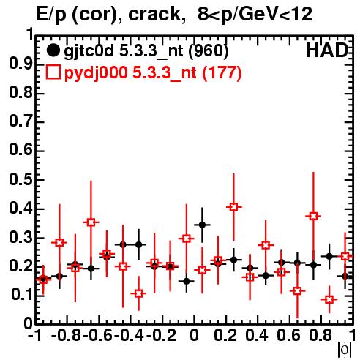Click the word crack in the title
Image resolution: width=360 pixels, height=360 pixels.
click(x=154, y=14)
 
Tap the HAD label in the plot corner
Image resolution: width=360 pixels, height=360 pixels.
click(x=327, y=50)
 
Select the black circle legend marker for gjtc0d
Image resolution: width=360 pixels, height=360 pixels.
click(x=53, y=50)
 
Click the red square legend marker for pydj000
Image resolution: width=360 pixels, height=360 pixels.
click(x=53, y=72)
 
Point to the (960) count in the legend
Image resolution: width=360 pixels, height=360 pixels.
click(x=209, y=50)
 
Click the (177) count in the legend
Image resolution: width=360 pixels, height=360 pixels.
click(x=222, y=72)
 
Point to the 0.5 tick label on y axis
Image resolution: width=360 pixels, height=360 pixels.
click(x=20, y=179)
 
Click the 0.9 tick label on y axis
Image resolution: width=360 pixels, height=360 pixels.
click(x=20, y=64)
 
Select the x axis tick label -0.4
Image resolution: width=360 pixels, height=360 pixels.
click(x=130, y=336)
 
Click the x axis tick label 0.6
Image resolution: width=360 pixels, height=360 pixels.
click(x=288, y=336)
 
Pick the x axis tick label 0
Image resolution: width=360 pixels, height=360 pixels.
click(x=194, y=336)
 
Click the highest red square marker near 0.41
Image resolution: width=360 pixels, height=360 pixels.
click(x=233, y=207)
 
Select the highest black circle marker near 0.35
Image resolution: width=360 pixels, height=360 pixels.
click(x=202, y=225)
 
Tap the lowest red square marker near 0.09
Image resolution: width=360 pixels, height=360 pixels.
click(x=329, y=299)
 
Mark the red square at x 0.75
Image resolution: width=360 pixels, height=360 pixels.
click(x=313, y=216)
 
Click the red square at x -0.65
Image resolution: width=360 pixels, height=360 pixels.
click(x=91, y=222)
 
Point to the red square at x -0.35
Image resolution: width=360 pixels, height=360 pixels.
click(x=138, y=293)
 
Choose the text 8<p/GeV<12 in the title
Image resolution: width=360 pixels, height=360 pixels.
click(x=255, y=14)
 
